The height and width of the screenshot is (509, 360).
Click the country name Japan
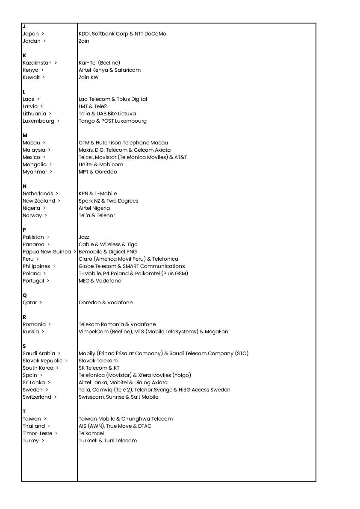tap(31, 34)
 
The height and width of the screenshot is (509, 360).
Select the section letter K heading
tap(24, 56)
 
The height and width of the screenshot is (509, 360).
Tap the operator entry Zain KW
tap(89, 77)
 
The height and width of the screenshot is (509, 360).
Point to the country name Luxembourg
tap(38, 121)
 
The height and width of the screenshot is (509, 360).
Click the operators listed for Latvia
tap(93, 106)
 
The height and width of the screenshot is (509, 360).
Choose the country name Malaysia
tap(34, 150)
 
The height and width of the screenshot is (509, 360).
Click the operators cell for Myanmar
tap(97, 172)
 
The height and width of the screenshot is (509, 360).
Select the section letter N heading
tap(24, 186)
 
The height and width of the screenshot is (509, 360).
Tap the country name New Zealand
tap(39, 201)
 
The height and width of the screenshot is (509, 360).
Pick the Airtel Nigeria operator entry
tap(94, 208)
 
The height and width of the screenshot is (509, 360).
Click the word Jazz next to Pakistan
tap(84, 237)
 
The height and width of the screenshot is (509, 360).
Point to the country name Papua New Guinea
tap(47, 252)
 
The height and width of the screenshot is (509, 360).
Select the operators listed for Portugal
tap(100, 281)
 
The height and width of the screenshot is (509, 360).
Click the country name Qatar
tap(30, 303)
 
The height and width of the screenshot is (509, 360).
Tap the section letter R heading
tap(24, 317)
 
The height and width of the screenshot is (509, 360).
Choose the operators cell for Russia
tap(153, 332)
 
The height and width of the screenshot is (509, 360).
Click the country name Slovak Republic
tap(42, 361)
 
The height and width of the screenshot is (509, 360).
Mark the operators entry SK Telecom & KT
tap(99, 368)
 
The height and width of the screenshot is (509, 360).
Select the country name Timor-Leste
tap(37, 433)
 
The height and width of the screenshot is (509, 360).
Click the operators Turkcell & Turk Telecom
tap(108, 441)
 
